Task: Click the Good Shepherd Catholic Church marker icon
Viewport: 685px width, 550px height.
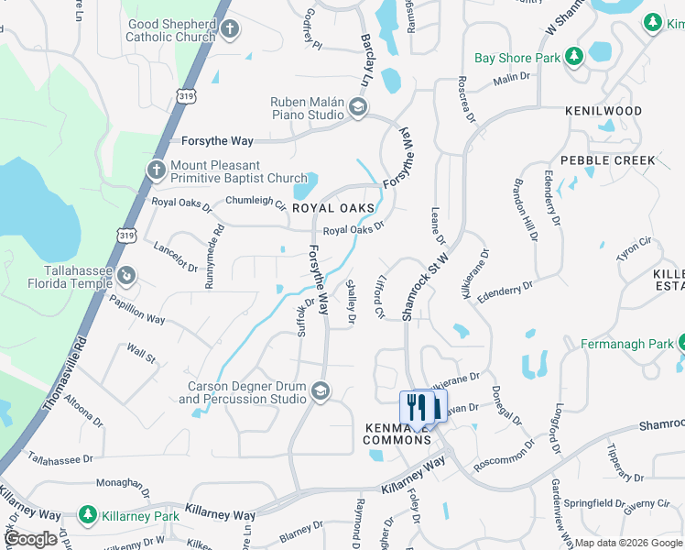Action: coord(230,28)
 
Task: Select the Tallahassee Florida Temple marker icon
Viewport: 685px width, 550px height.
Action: coord(127,274)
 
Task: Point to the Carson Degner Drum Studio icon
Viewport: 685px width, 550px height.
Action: coord(320,391)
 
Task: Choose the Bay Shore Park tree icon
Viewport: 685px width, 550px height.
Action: coord(574,58)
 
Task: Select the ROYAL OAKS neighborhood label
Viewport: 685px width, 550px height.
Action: coord(333,208)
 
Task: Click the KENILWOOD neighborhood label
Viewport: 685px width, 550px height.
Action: coord(603,111)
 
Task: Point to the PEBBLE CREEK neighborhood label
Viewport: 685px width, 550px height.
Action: coord(608,160)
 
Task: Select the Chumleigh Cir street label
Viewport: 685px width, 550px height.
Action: coord(256,202)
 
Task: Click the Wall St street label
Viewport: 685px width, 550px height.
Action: coord(142,353)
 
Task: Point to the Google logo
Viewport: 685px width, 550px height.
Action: coord(31,539)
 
